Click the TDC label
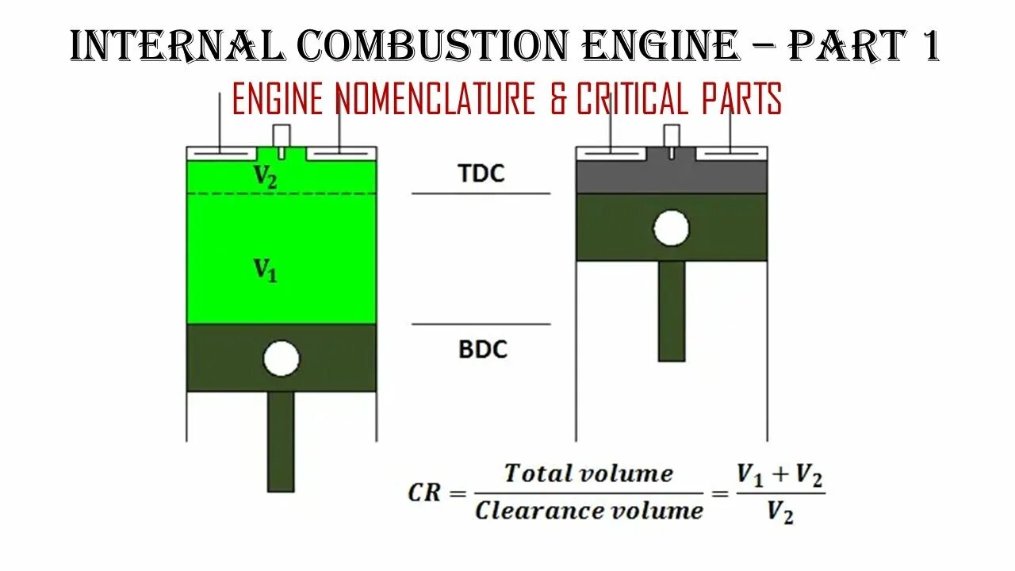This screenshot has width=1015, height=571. (x=481, y=174)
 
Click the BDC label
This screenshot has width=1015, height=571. (x=482, y=350)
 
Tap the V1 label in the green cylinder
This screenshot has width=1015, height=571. (x=266, y=270)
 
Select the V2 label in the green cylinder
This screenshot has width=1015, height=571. (x=266, y=176)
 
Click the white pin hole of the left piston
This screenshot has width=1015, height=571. (x=282, y=359)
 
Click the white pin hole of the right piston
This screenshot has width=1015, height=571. (x=672, y=228)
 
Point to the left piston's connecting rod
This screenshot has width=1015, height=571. (x=281, y=441)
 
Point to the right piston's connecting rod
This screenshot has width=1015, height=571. (x=672, y=311)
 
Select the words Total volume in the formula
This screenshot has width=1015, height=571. (x=588, y=474)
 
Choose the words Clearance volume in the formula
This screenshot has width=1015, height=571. (x=588, y=510)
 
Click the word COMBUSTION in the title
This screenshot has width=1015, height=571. (x=432, y=46)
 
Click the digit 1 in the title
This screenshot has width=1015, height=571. (x=929, y=46)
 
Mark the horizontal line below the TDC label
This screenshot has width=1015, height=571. (x=481, y=193)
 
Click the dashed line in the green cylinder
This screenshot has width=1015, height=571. (x=282, y=194)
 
